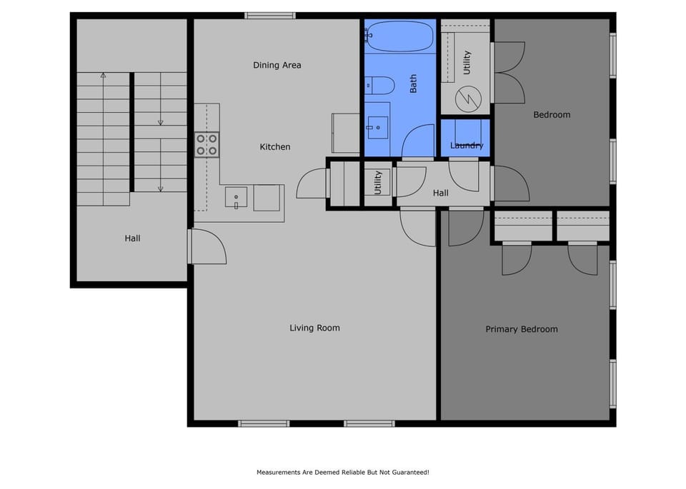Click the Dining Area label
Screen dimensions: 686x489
click(277, 65)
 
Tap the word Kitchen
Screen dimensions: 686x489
click(274, 147)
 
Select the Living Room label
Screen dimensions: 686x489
click(314, 328)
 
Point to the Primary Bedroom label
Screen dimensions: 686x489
click(522, 329)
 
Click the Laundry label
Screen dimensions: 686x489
click(467, 146)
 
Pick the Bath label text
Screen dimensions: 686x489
click(413, 84)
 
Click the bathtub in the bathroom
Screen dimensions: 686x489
click(399, 36)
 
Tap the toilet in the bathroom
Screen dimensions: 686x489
click(379, 86)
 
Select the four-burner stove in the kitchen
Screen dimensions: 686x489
click(207, 145)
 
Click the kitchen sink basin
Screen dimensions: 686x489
click(236, 197)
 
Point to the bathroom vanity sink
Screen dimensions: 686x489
click(377, 128)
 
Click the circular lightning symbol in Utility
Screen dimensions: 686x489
click(468, 99)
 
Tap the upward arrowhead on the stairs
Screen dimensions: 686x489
click(103, 75)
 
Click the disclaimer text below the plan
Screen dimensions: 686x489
click(342, 473)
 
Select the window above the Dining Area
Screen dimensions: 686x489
click(270, 16)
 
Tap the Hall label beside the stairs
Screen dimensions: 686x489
click(132, 238)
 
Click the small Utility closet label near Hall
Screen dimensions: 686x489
click(378, 183)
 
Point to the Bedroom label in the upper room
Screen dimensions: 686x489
click(552, 115)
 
